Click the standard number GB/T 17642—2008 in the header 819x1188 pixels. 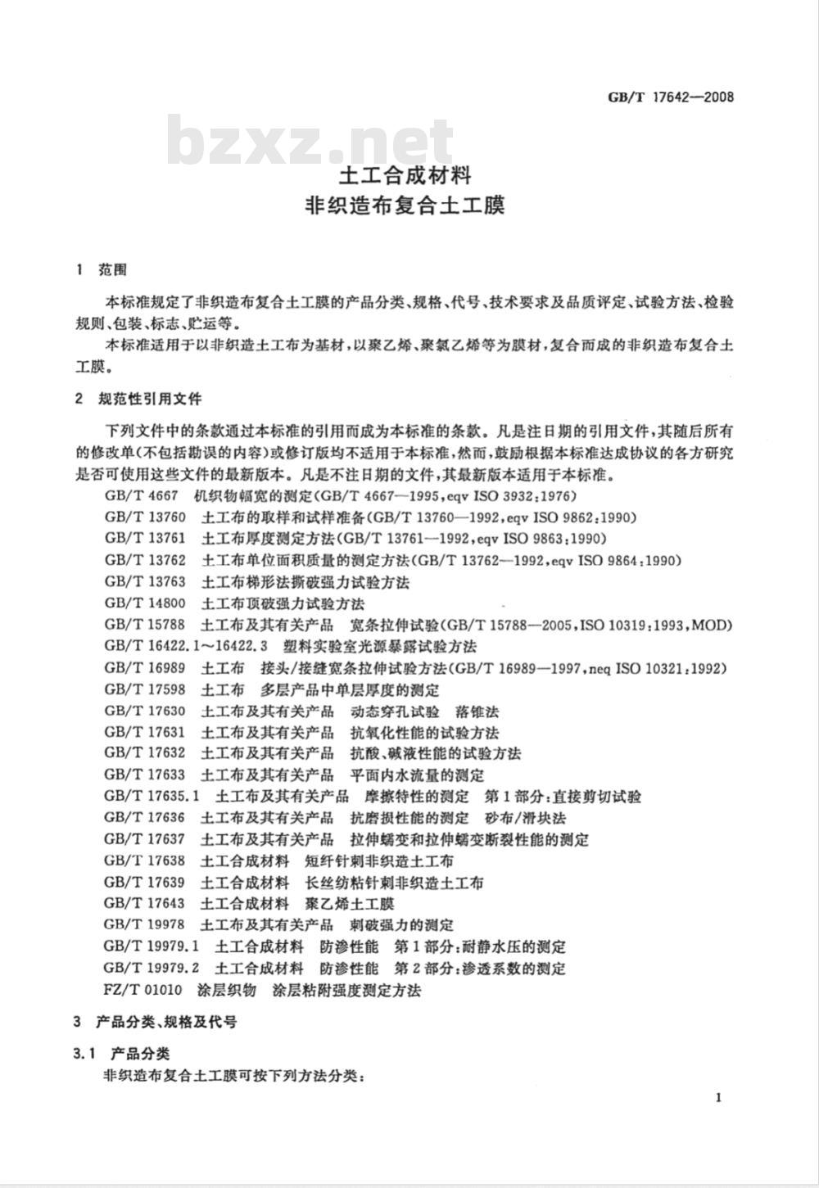(x=670, y=97)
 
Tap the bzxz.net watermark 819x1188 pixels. (x=311, y=141)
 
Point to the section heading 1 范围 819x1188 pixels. (x=100, y=269)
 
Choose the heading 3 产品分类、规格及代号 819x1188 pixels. (x=155, y=1022)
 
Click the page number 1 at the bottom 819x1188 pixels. (x=717, y=1098)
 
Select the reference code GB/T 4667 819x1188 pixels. (x=140, y=495)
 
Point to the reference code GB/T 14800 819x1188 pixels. (x=145, y=603)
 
